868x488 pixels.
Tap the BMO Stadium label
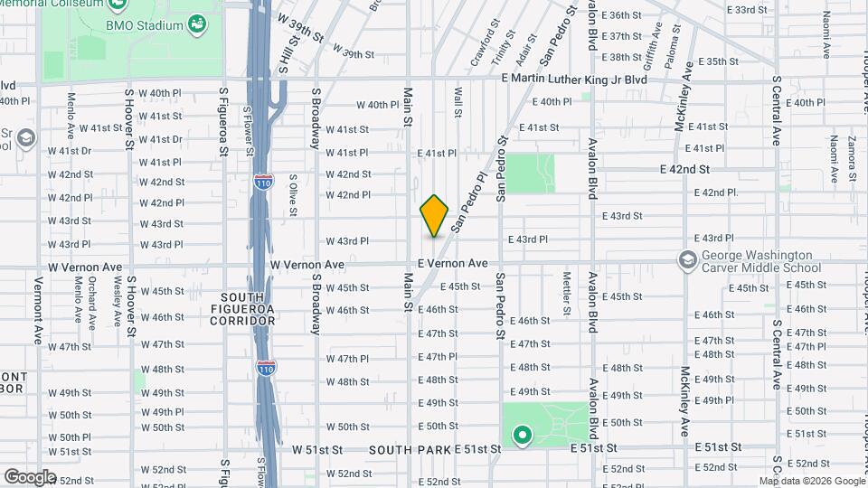(145, 25)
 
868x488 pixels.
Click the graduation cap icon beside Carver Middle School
(687, 260)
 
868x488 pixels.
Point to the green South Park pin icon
(522, 436)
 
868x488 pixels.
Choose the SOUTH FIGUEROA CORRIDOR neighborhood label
(249, 309)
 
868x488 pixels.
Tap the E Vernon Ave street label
(452, 263)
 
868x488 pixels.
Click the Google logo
(30, 477)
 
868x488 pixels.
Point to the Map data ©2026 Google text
(812, 481)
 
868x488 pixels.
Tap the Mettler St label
(566, 293)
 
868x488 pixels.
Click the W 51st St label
(317, 449)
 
